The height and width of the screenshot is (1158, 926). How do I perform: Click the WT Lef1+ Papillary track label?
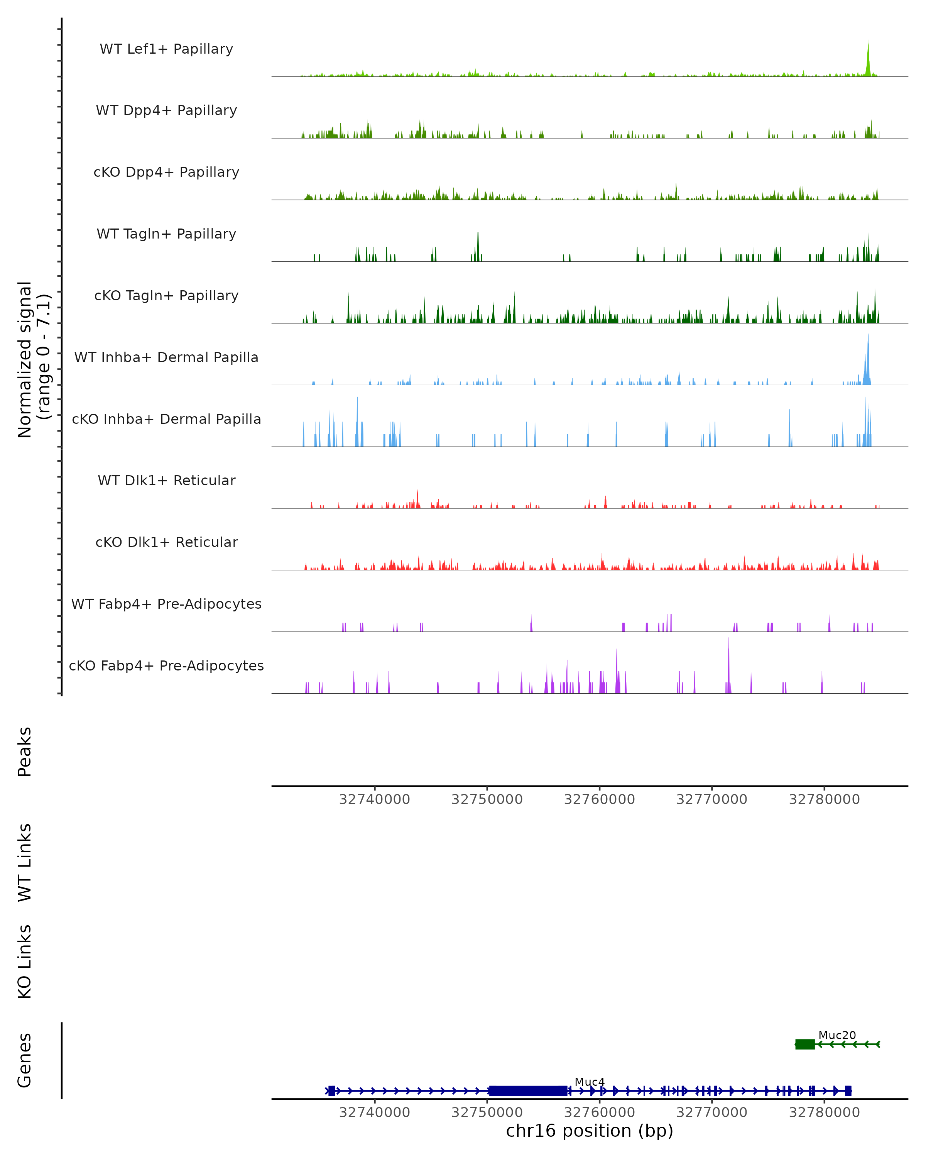coord(166,49)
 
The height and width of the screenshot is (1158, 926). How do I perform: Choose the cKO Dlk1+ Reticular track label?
coord(166,542)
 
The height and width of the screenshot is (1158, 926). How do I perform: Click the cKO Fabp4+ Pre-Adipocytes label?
coord(166,665)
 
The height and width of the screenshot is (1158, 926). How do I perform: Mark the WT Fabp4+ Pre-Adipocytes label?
coord(166,604)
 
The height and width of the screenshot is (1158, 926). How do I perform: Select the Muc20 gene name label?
coord(837,1035)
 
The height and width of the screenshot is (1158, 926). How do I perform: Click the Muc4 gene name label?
coord(590,1082)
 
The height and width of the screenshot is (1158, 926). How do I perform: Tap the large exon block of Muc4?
coord(528,1091)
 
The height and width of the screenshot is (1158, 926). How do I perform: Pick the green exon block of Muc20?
coord(805,1044)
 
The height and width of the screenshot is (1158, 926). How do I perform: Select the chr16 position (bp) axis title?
coord(590,1131)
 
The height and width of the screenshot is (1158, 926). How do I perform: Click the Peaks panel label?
coord(25,752)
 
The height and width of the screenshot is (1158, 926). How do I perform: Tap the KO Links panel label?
coord(25,962)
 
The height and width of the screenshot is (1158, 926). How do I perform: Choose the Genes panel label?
coord(25,1060)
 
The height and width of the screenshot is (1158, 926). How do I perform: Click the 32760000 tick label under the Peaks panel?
coord(599,799)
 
